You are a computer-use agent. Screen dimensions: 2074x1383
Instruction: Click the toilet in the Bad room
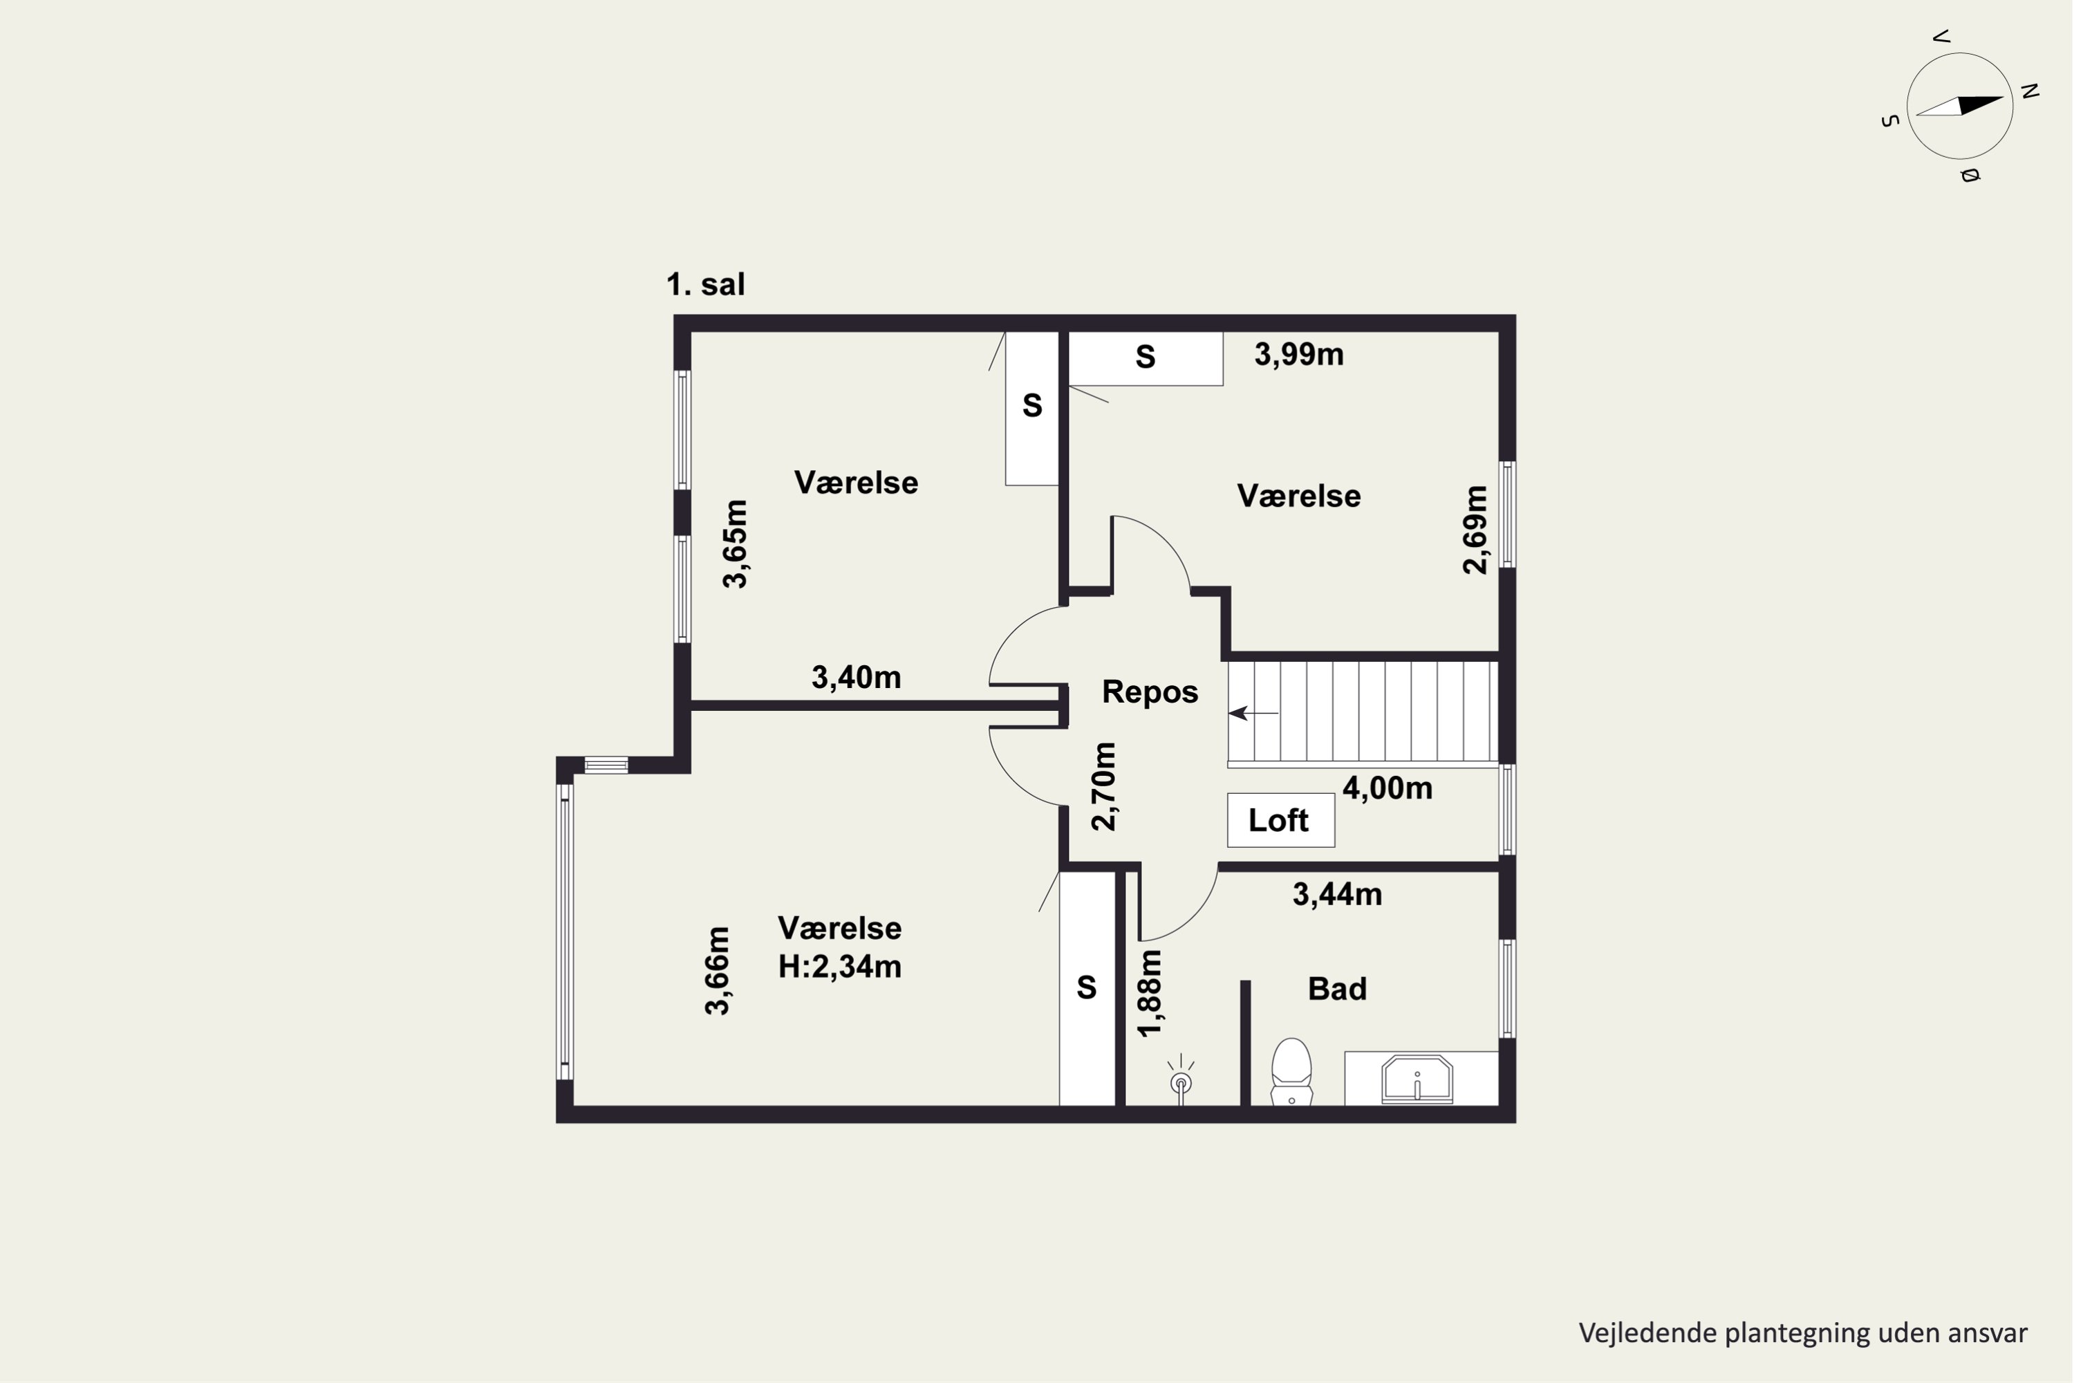[x=1292, y=1072]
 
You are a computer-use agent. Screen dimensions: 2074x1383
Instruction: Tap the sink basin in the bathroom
[x=1417, y=1079]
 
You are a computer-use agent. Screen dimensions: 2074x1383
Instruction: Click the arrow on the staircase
[x=1253, y=713]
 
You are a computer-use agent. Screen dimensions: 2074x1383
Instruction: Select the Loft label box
[x=1280, y=820]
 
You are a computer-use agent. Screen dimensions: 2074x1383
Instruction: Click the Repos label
[x=1150, y=691]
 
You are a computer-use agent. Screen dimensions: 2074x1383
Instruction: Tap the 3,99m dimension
[x=1299, y=355]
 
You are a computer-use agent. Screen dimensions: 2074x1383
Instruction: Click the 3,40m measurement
[x=857, y=678]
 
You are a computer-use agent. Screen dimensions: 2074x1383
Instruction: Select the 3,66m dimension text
[x=718, y=971]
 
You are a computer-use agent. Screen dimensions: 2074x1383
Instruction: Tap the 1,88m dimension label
[x=1150, y=993]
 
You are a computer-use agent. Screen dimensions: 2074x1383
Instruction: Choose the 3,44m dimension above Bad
[x=1338, y=894]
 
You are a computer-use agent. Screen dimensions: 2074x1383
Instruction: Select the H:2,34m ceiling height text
[x=839, y=967]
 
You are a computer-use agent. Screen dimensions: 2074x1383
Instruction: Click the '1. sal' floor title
[x=705, y=284]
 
